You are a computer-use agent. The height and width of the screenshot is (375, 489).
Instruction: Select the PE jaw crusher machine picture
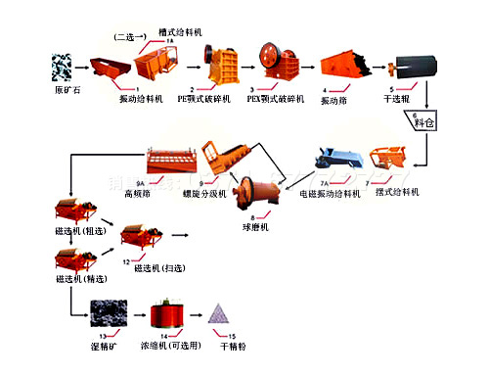[x=217, y=62]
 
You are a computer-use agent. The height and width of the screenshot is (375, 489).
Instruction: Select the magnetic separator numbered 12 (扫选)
[x=142, y=235]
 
